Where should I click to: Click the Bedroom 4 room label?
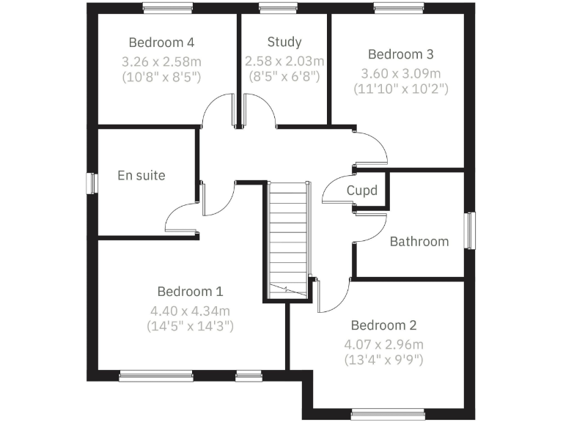click(161, 42)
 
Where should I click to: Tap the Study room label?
click(284, 42)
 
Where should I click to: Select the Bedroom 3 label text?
click(400, 54)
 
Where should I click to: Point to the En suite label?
click(141, 176)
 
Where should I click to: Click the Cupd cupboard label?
click(362, 191)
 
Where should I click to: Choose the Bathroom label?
click(419, 241)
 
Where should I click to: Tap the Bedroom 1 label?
click(190, 291)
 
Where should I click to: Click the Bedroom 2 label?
click(383, 325)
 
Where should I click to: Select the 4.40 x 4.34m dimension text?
click(190, 310)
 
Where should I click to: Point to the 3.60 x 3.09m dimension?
click(400, 73)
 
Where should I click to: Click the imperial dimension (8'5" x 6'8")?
click(284, 75)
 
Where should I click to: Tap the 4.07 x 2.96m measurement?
click(383, 344)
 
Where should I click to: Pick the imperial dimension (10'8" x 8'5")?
click(161, 76)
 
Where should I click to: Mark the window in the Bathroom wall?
click(471, 231)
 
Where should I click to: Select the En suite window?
click(92, 182)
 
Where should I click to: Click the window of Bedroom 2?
click(388, 413)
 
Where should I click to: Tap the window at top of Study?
click(273, 8)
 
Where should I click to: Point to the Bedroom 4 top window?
click(168, 8)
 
